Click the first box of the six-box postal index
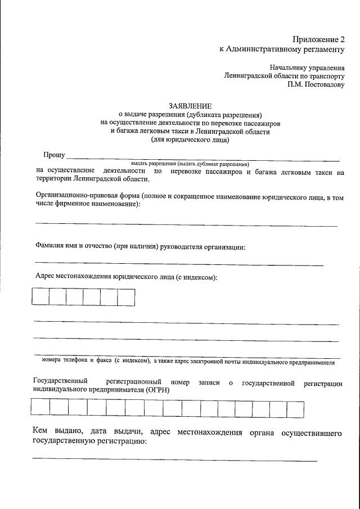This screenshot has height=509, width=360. (40, 296)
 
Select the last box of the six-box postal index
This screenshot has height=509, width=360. (126, 296)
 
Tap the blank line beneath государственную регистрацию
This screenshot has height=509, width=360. (174, 460)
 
